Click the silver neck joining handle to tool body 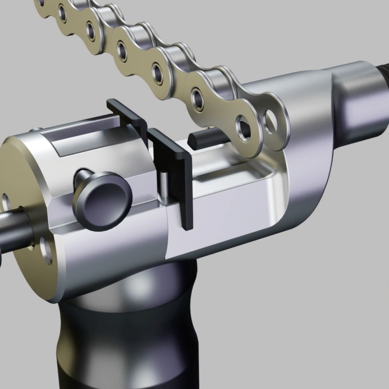[136, 285]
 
